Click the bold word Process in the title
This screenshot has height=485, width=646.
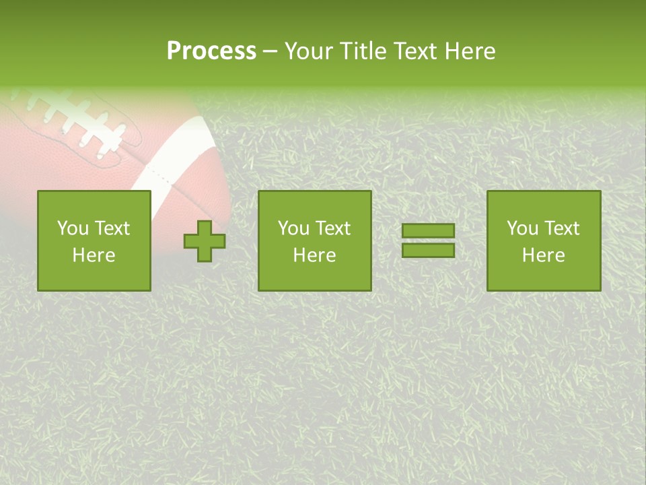coord(211,51)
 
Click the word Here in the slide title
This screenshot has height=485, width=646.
coord(470,51)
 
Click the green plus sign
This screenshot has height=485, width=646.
coord(205,240)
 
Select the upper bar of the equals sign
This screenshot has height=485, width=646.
coord(428,230)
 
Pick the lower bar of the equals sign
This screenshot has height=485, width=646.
coord(428,251)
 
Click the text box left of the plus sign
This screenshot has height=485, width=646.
coord(94,240)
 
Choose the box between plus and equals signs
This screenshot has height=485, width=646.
coord(314,240)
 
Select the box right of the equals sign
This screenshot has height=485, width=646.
coord(543,240)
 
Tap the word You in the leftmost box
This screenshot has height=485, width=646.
coord(73,228)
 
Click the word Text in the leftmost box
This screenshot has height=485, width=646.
coord(111,228)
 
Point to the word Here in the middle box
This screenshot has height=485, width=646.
coord(314,255)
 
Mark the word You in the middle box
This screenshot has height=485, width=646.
coord(293,228)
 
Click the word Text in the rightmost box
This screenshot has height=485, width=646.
coord(561,228)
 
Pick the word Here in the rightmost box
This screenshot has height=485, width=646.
coord(543,255)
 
